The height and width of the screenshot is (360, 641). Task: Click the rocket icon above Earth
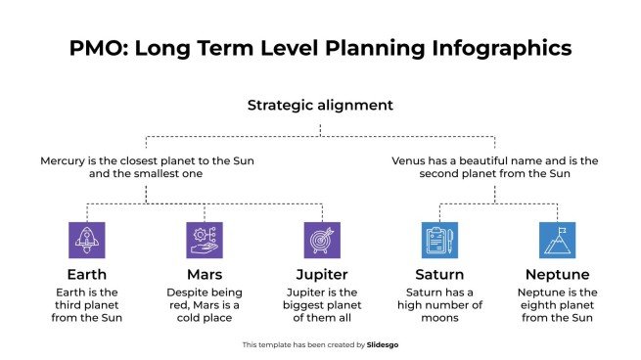point(87,240)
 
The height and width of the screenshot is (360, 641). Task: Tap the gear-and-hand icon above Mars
point(205,240)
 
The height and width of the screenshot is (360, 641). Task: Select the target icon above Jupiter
point(322,240)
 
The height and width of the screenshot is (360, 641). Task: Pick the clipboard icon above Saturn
point(439,240)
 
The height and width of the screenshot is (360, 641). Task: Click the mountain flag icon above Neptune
point(557,240)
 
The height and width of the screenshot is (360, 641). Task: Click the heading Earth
point(87,274)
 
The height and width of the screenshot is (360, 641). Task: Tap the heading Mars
point(205,274)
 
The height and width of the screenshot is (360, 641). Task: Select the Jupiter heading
point(322,274)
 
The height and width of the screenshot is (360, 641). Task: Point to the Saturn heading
point(439,274)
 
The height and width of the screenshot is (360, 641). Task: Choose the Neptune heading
point(557,274)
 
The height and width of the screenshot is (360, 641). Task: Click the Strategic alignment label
point(320,105)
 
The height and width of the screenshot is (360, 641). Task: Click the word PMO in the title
point(99,48)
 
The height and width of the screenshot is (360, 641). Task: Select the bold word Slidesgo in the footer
point(384,344)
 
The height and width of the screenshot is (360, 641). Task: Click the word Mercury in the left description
point(64,159)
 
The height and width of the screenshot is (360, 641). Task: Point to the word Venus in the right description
point(409,159)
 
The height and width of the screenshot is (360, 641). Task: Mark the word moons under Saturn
point(439,318)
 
